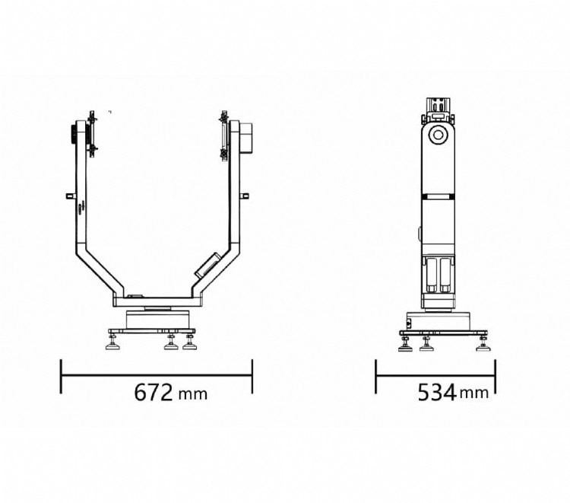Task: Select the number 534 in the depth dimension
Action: click(x=437, y=392)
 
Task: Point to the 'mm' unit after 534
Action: click(x=474, y=393)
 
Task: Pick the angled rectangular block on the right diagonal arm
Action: click(x=207, y=266)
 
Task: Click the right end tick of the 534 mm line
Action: click(x=495, y=376)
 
